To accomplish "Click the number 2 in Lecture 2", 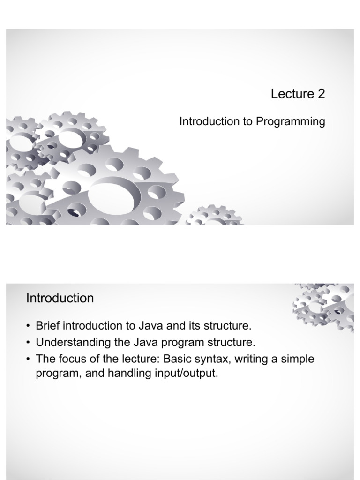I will [321, 94].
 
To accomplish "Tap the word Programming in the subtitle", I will [290, 122].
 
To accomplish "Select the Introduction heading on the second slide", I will [60, 298].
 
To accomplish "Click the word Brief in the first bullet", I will [47, 326].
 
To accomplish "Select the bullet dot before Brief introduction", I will [29, 326].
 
